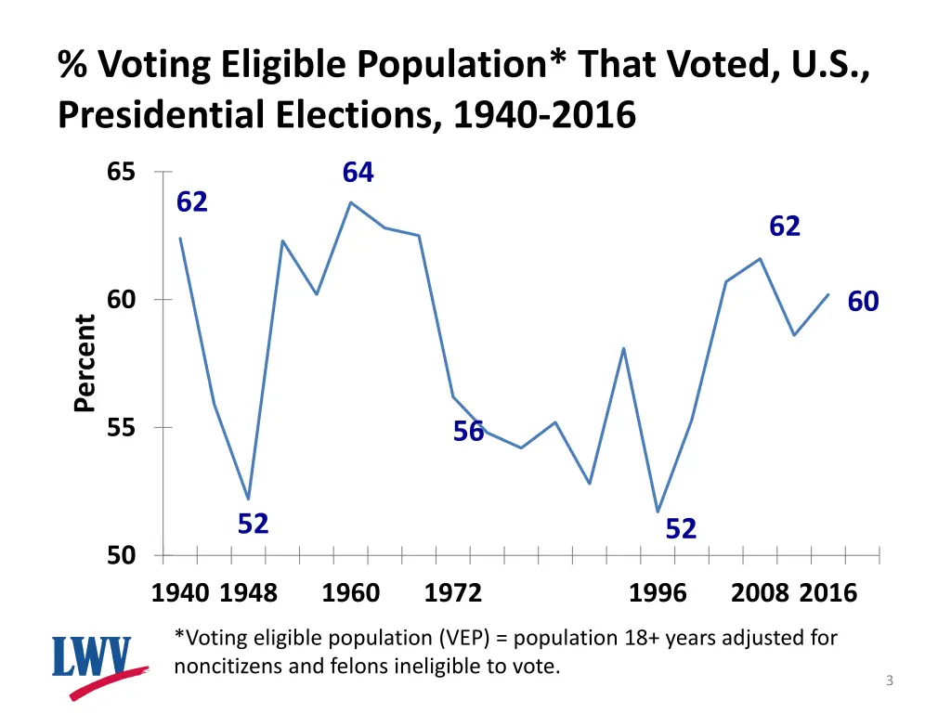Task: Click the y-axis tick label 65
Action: tap(121, 173)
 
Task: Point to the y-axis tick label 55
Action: tap(121, 428)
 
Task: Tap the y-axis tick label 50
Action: tap(121, 556)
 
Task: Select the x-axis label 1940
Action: tap(180, 593)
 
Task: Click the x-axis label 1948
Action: tap(248, 593)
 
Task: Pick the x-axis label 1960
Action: tap(350, 593)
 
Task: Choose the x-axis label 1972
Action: tap(453, 593)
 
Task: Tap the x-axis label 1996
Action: tap(658, 593)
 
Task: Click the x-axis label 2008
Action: tap(760, 593)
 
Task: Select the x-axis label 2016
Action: tap(828, 593)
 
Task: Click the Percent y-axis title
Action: tap(85, 363)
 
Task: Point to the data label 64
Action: tap(358, 173)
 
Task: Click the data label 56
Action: tap(468, 432)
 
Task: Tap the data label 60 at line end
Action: tap(863, 302)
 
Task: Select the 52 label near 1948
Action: tap(253, 525)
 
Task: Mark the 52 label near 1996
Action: tap(681, 529)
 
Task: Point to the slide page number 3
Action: tap(889, 681)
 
